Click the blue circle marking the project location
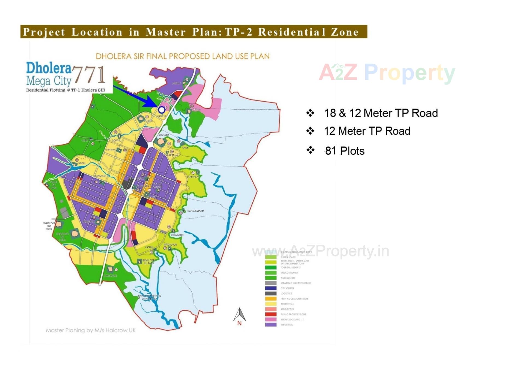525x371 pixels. (x=162, y=110)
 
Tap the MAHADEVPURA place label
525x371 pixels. (x=196, y=211)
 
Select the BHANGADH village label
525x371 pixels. (x=177, y=235)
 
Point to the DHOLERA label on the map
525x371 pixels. (x=164, y=135)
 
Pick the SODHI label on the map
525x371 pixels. (x=82, y=163)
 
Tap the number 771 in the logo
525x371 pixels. (x=89, y=74)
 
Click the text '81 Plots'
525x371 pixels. (x=345, y=151)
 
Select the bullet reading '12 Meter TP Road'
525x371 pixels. (x=367, y=131)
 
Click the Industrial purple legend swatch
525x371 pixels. (x=270, y=325)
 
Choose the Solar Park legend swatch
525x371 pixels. (x=270, y=309)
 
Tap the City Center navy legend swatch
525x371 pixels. (x=270, y=288)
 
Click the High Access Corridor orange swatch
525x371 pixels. (x=270, y=299)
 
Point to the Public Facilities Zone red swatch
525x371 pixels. (x=270, y=314)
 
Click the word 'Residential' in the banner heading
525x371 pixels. (x=292, y=32)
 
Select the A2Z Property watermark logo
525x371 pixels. (x=387, y=73)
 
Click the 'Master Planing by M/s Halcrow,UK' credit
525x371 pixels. (x=91, y=330)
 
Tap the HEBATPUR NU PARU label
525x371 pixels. (x=49, y=226)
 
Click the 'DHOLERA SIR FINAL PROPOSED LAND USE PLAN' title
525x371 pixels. (x=182, y=56)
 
